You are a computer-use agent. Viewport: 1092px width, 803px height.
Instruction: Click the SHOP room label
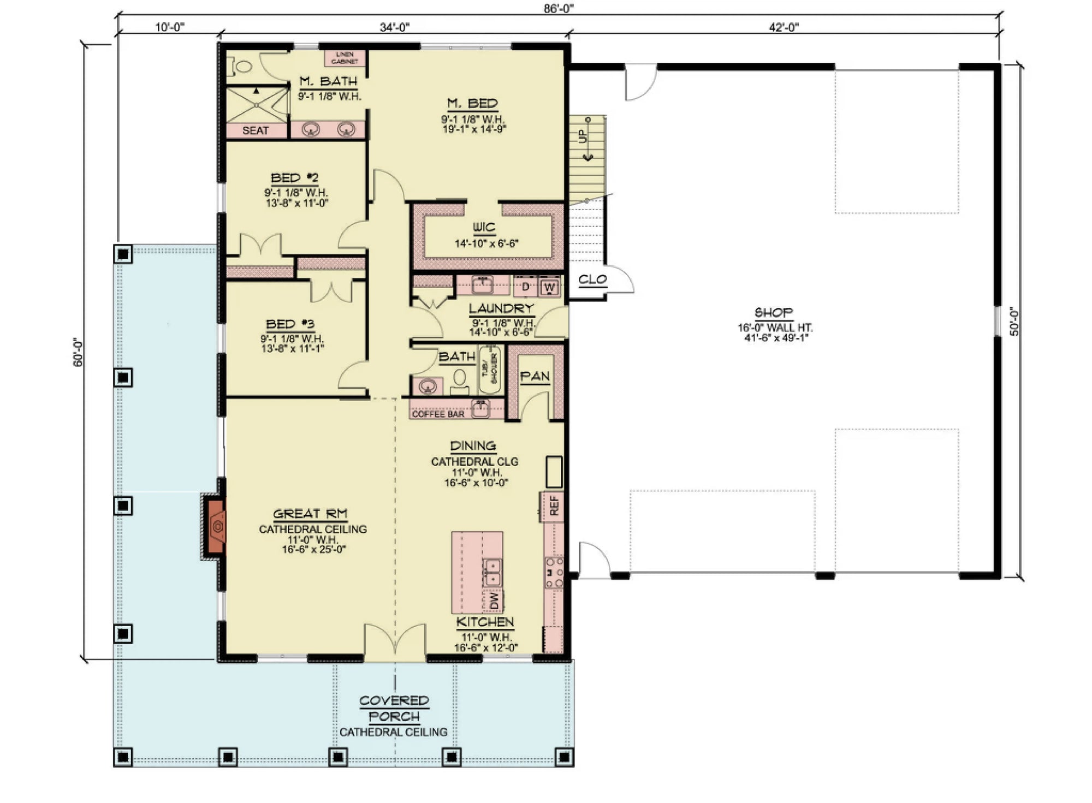tap(773, 313)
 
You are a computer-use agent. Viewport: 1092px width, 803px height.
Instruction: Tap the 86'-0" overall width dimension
tap(558, 8)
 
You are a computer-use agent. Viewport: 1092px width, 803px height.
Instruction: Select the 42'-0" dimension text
tap(784, 27)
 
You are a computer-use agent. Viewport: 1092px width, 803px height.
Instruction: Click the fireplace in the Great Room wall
tap(216, 527)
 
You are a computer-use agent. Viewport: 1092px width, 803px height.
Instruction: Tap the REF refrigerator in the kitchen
tap(554, 505)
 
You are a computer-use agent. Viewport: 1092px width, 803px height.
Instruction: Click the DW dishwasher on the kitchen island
tap(494, 601)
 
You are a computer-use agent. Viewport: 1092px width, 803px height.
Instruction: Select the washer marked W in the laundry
tap(550, 287)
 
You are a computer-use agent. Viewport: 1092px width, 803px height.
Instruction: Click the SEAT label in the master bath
tap(256, 130)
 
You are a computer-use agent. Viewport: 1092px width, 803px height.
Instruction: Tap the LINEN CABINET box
tap(345, 58)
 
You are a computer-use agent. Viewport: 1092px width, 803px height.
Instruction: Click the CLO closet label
tap(592, 280)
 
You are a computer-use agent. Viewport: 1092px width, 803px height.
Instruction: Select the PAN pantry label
tap(535, 377)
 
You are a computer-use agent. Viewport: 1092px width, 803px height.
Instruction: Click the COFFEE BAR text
tap(438, 414)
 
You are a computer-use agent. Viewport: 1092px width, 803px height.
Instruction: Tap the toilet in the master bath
tap(240, 67)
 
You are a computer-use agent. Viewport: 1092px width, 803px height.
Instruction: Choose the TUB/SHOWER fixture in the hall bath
tap(490, 368)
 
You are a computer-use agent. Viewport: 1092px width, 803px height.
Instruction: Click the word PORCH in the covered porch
tap(394, 717)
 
